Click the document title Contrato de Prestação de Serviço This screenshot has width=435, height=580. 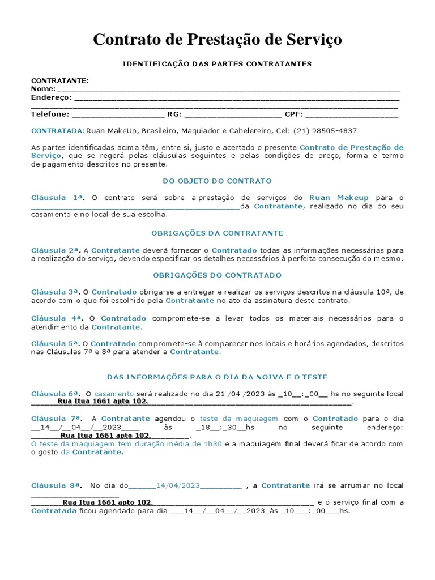coord(217,40)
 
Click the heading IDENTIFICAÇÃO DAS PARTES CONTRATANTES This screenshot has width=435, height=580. coord(217,64)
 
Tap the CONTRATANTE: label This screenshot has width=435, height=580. coord(59,81)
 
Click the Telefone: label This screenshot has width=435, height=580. coord(50,114)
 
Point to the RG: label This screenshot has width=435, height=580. coord(174,114)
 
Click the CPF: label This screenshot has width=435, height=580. coord(294,114)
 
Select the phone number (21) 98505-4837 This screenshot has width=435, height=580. coord(325,130)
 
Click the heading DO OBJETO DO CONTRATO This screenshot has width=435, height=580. coord(217,181)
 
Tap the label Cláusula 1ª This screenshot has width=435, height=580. coord(57,198)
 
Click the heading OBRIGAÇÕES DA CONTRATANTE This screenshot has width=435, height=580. coord(217,233)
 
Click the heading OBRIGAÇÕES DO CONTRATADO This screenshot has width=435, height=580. coord(217,275)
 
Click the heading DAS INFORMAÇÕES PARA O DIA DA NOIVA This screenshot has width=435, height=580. coord(217,377)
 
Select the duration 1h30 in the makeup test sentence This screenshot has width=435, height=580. coord(213,444)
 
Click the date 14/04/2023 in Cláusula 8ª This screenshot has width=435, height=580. coord(178,485)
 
